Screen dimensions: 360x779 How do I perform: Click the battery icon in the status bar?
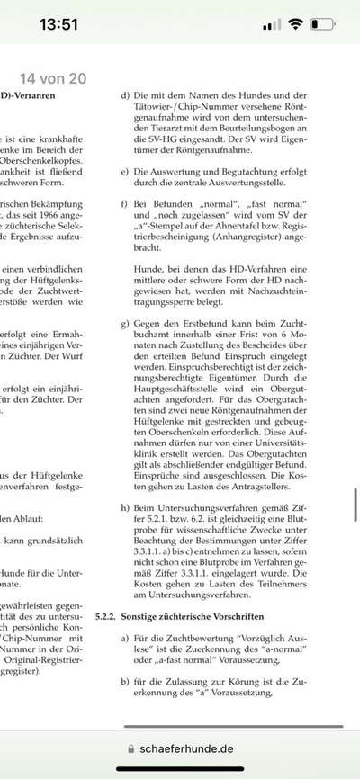[x=324, y=25]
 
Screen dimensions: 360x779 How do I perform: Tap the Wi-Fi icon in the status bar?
[x=295, y=25]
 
